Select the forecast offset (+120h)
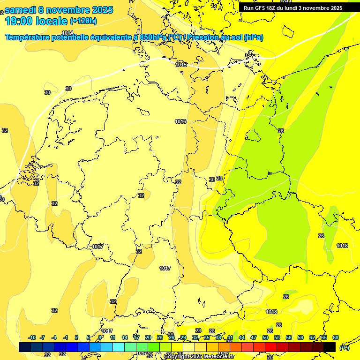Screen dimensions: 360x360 tap(83, 21)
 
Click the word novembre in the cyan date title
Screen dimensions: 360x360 tap(70, 10)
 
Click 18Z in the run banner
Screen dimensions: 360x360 tap(272, 8)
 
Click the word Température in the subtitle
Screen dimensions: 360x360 tap(28, 37)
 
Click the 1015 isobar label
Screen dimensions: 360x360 tap(181, 65)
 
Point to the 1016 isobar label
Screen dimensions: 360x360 tap(180, 121)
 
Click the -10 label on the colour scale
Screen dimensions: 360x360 tap(32, 337)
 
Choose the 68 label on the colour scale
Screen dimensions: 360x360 tap(336, 337)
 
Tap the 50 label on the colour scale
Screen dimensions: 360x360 tap(265, 337)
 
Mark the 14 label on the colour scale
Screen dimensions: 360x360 tap(125, 337)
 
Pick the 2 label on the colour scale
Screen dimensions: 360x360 tap(76, 337)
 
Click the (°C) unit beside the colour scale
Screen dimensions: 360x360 tap(345, 347)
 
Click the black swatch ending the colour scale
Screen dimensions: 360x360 tap(330, 347)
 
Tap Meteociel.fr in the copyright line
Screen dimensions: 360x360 tap(219, 357)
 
